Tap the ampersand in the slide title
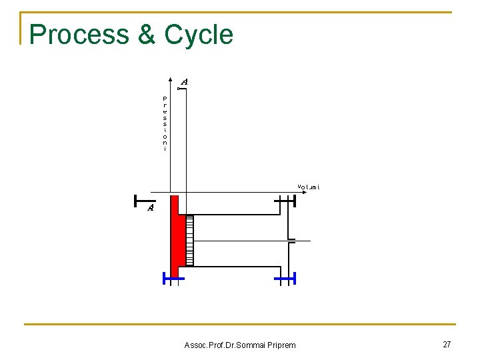pyautogui.click(x=146, y=35)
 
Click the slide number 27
pyautogui.click(x=447, y=344)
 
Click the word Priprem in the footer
pyautogui.click(x=280, y=345)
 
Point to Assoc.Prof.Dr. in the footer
pyautogui.click(x=207, y=345)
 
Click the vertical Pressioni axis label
pyautogui.click(x=165, y=123)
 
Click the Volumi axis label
pyautogui.click(x=308, y=187)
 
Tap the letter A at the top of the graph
pyautogui.click(x=185, y=81)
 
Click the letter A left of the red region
pyautogui.click(x=151, y=208)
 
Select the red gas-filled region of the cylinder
pyautogui.click(x=177, y=237)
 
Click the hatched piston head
pyautogui.click(x=189, y=240)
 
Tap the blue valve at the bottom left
pyautogui.click(x=173, y=278)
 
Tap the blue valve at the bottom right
pyautogui.click(x=285, y=278)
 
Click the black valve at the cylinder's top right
pyautogui.click(x=285, y=199)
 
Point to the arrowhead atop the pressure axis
pyautogui.click(x=171, y=91)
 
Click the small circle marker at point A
pyautogui.click(x=178, y=88)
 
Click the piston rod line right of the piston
pyautogui.click(x=240, y=240)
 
